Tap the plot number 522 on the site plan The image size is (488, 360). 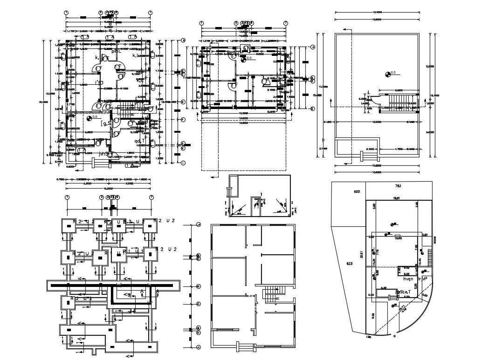[x=357, y=191]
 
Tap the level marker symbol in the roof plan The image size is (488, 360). [x=388, y=73]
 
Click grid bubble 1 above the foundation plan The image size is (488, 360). [x=67, y=197]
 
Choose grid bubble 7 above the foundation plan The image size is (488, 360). [x=151, y=197]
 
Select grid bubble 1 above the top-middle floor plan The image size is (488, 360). [x=201, y=22]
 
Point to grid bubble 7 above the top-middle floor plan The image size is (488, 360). [x=285, y=22]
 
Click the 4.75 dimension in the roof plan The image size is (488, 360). [x=386, y=149]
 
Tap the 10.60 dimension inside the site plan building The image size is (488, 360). [x=399, y=238]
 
